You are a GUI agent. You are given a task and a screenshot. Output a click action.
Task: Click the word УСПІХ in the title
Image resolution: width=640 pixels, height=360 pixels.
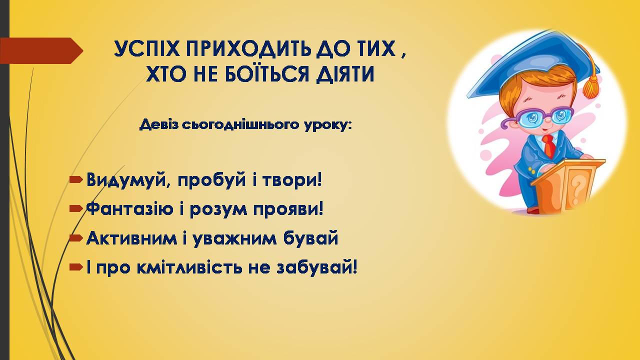pyautogui.click(x=147, y=49)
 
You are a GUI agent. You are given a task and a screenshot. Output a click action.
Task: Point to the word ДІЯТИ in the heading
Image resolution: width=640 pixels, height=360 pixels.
pyautogui.click(x=345, y=73)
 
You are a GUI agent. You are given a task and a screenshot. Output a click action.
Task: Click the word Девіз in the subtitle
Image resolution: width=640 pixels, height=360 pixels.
pyautogui.click(x=158, y=125)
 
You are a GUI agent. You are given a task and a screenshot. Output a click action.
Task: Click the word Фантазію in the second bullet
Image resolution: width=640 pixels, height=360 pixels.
pyautogui.click(x=129, y=209)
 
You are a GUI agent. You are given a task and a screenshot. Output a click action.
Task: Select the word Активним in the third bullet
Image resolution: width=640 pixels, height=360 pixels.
pyautogui.click(x=131, y=238)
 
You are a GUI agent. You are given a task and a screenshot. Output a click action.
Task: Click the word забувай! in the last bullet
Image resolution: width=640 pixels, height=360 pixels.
pyautogui.click(x=317, y=268)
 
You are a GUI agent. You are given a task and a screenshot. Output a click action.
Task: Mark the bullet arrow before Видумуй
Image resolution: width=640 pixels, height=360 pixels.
pyautogui.click(x=76, y=179)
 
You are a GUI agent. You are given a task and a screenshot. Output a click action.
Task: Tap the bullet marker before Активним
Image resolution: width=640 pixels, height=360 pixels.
pyautogui.click(x=76, y=237)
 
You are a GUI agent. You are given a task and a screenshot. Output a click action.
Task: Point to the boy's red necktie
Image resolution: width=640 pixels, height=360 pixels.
pyautogui.click(x=549, y=145)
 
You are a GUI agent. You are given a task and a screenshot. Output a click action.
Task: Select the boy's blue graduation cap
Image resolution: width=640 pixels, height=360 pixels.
pyautogui.click(x=532, y=64)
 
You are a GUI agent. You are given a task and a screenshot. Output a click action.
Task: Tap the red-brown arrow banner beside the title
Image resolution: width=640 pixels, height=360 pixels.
pyautogui.click(x=41, y=50)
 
